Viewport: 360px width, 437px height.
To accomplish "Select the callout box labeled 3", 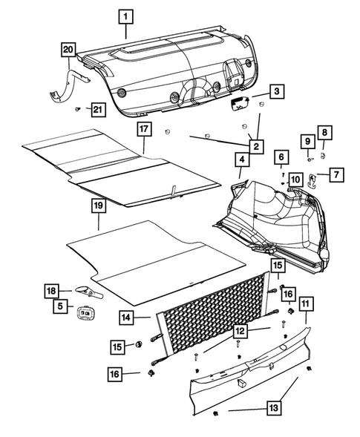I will pos(276,91).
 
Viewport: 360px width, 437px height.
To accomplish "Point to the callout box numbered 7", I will pos(336,174).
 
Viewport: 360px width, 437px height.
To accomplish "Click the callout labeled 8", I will pos(324,131).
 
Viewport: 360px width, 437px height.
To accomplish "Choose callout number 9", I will pos(306,140).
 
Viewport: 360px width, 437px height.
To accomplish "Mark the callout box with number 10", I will pos(295,179).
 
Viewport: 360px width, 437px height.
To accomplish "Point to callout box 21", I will pos(98,110).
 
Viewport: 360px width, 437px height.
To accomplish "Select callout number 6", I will pos(281,157).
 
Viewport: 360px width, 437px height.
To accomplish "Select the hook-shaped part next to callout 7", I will pos(315,180).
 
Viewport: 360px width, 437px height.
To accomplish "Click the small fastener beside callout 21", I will pos(78,109).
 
